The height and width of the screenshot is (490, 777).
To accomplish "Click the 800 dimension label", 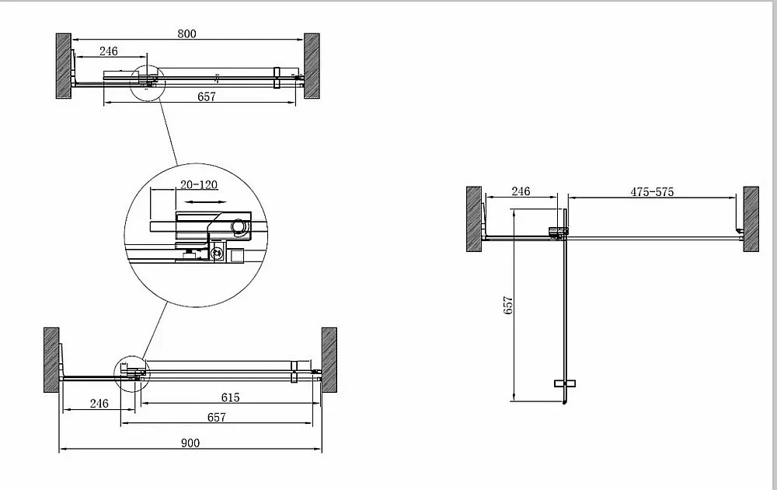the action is [186, 33].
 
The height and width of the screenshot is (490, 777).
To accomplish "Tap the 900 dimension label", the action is [190, 443].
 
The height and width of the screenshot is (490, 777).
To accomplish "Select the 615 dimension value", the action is [231, 397].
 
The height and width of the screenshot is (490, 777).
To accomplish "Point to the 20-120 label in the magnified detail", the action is [199, 184].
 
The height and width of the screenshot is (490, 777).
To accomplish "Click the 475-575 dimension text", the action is [652, 191].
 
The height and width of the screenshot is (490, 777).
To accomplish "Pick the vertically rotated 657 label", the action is [508, 305].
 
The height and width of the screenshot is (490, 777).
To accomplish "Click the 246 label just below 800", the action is [109, 51].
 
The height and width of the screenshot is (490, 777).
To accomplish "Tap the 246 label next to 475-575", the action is [521, 191].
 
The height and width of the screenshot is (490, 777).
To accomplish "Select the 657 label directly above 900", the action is [217, 417].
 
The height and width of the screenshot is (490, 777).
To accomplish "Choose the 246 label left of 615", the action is [99, 403].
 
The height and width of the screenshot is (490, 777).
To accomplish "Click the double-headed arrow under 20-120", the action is [204, 202].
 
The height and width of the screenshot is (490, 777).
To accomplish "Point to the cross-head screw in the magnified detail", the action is [217, 253].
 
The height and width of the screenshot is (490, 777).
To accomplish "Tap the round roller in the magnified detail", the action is [239, 226].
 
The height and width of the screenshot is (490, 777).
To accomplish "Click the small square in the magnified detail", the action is [237, 255].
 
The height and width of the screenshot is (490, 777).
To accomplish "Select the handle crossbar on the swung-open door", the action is [564, 383].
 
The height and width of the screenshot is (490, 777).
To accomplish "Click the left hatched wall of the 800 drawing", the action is [64, 66].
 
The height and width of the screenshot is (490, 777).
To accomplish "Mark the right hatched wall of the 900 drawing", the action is [329, 360].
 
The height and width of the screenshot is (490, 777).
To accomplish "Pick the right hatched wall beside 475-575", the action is [751, 219].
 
